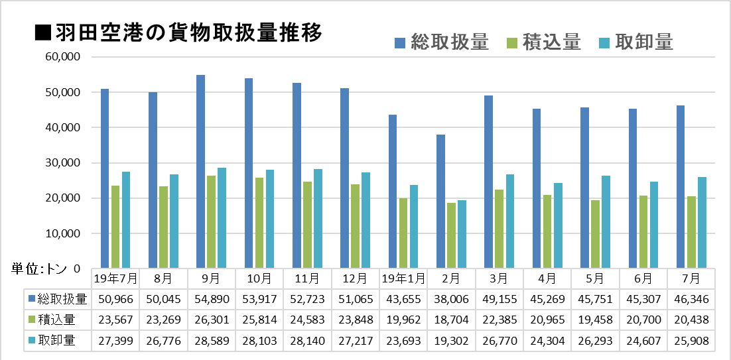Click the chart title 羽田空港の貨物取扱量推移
[179, 33]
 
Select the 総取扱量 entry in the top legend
[442, 42]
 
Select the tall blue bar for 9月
[200, 171]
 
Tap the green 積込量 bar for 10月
[259, 223]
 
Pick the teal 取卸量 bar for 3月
[509, 221]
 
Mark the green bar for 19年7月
[115, 227]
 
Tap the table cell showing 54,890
[211, 299]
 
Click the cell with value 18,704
[451, 320]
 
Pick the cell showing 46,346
[691, 299]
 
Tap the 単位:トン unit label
[36, 269]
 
